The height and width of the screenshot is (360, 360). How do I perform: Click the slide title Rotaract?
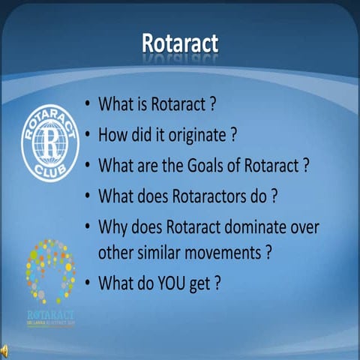pyautogui.click(x=179, y=43)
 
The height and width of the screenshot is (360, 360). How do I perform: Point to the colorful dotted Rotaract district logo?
pyautogui.click(x=50, y=274)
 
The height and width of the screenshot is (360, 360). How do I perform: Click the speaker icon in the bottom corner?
pyautogui.click(x=6, y=350)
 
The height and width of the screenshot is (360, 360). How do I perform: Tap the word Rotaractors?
pyautogui.click(x=211, y=195)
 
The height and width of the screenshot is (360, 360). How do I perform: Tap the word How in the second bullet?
pyautogui.click(x=112, y=135)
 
